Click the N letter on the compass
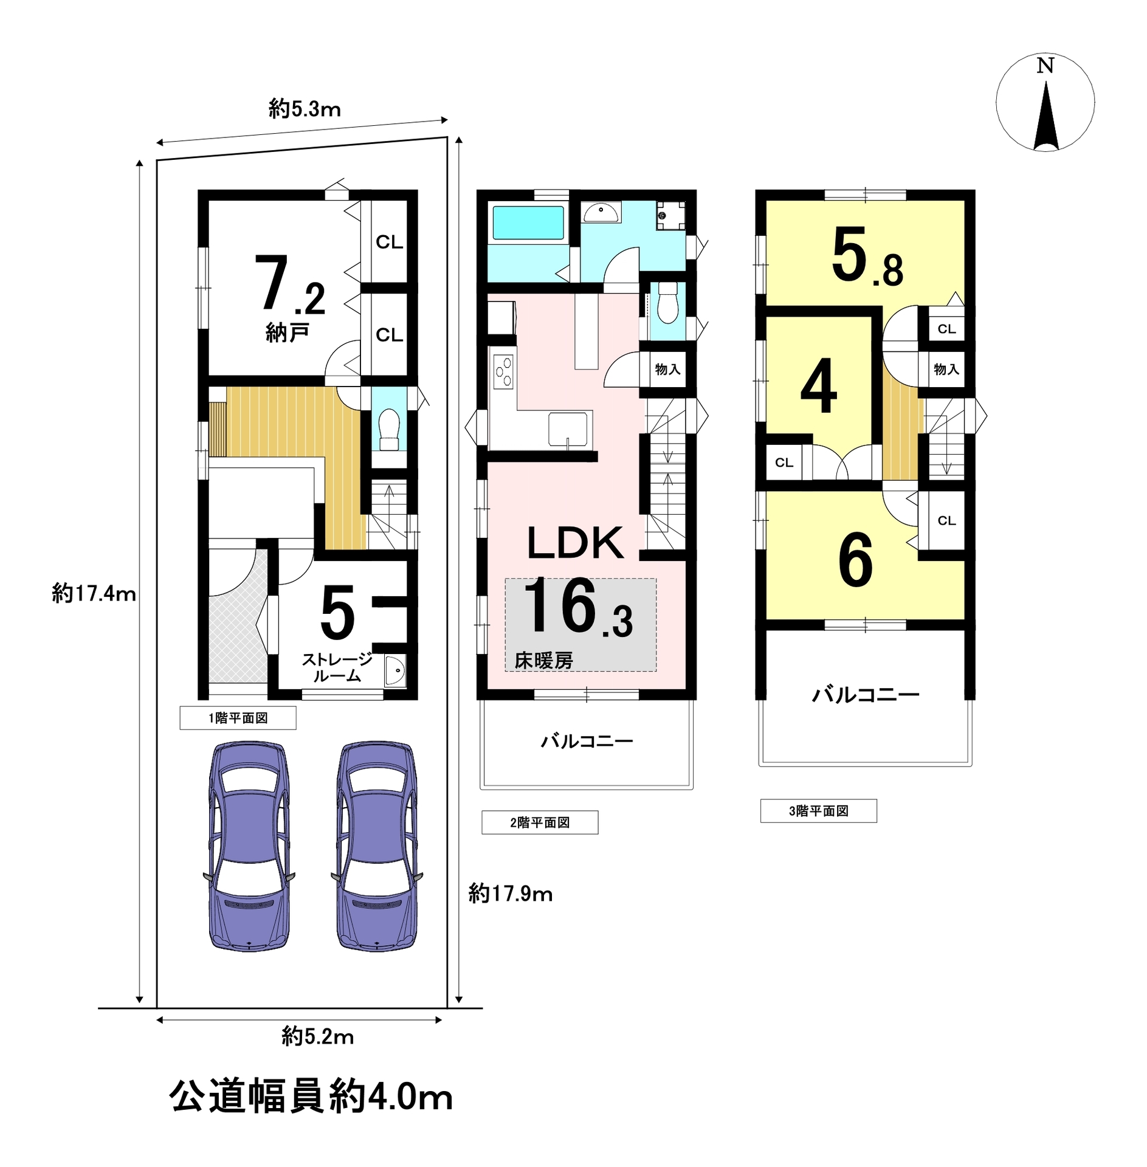click(1045, 66)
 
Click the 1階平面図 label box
click(238, 718)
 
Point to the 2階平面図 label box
click(540, 822)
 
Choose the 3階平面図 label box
click(818, 811)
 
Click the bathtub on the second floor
click(528, 222)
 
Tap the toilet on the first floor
click(389, 429)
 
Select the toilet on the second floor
click(667, 303)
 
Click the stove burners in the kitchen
click(504, 371)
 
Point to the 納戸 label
click(288, 332)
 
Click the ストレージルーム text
click(337, 667)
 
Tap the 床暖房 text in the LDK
click(544, 660)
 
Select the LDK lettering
click(575, 543)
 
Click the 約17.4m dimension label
click(94, 593)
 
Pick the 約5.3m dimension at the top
click(305, 109)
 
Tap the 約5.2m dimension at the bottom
click(317, 1036)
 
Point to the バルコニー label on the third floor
click(866, 694)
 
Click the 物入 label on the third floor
click(946, 369)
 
